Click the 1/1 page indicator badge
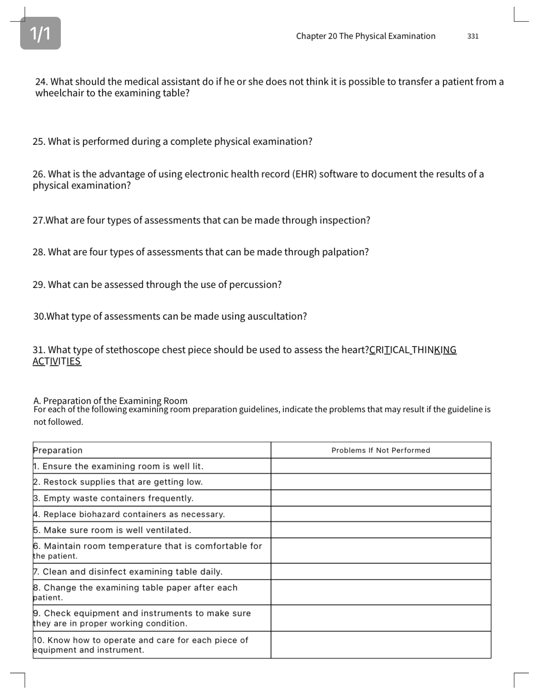[x=40, y=33]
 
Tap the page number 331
[x=473, y=36]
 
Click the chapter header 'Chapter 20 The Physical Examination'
[x=365, y=36]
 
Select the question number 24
[x=41, y=82]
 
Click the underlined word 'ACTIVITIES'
[x=57, y=361]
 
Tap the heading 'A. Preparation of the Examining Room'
[x=110, y=401]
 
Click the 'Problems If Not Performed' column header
[x=380, y=450]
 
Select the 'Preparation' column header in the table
[x=58, y=450]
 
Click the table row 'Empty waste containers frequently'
[x=118, y=498]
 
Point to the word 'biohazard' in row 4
[x=99, y=514]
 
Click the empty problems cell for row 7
[x=380, y=572]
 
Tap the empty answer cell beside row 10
[x=380, y=645]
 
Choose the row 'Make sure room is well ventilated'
[x=117, y=530]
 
